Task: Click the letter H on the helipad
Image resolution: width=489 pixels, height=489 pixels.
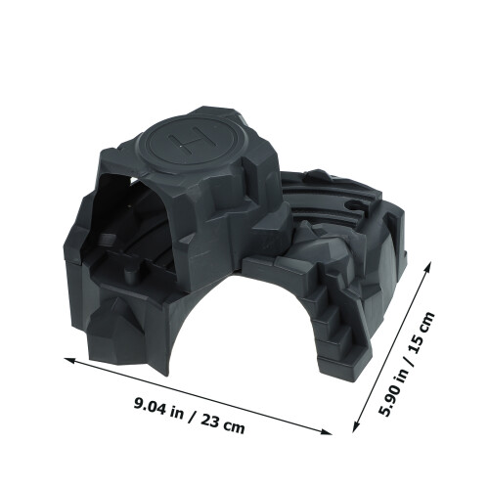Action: [192, 140]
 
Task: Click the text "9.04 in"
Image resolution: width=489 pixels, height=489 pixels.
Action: [158, 408]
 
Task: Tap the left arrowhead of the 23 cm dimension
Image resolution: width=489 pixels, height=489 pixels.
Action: [71, 361]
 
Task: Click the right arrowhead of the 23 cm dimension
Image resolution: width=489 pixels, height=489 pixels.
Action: [325, 432]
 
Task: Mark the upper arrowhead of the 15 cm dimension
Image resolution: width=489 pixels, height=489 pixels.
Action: [427, 267]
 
